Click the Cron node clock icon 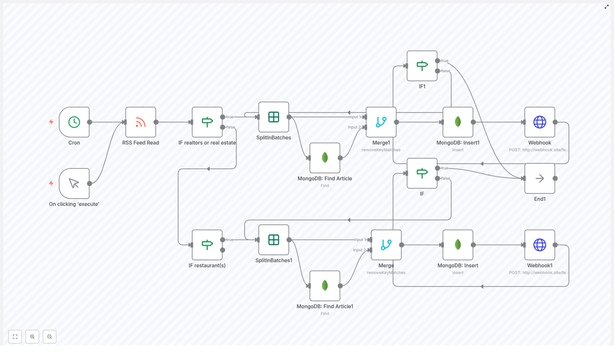click(74, 122)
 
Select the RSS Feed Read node click(140, 122)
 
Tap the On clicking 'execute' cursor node click(74, 183)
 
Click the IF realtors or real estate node click(207, 122)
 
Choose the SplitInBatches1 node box click(274, 240)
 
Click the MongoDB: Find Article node click(325, 158)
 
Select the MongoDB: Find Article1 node click(325, 286)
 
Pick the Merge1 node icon click(381, 122)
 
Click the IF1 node click(422, 66)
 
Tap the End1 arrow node click(540, 178)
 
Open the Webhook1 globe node click(540, 245)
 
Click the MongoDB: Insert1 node click(458, 122)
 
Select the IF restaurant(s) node click(207, 245)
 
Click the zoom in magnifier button click(32, 337)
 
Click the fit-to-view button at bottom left click(15, 337)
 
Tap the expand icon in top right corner click(607, 7)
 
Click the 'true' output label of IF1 click(445, 61)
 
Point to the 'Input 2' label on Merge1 click(354, 127)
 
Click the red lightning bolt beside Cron click(51, 122)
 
